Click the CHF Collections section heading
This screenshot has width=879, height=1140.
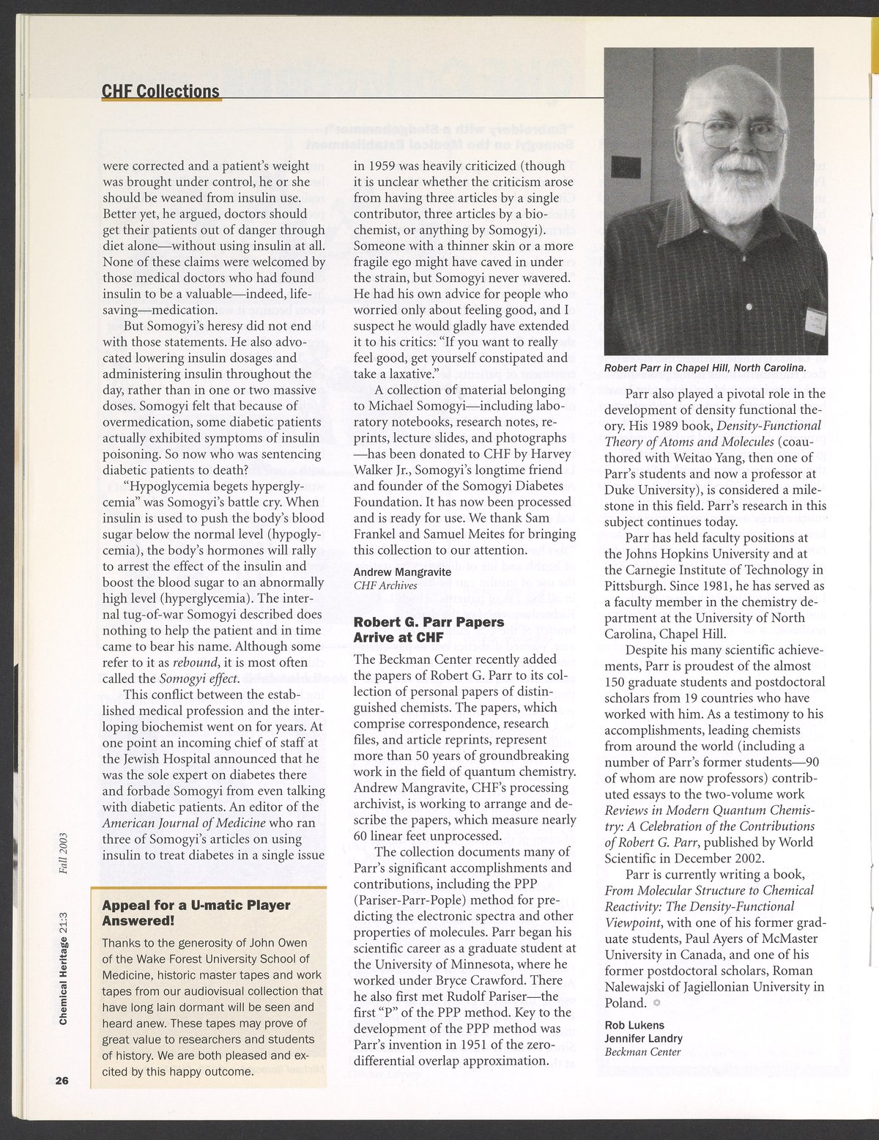[x=160, y=90]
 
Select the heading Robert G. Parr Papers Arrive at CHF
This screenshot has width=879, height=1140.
[x=429, y=629]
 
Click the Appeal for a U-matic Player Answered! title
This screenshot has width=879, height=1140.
[x=196, y=912]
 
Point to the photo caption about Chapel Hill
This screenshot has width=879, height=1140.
[x=704, y=367]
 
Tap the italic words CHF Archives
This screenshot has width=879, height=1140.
[x=385, y=585]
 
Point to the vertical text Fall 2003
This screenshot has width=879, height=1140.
[x=64, y=852]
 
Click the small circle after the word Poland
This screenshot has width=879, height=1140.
[x=656, y=1002]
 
